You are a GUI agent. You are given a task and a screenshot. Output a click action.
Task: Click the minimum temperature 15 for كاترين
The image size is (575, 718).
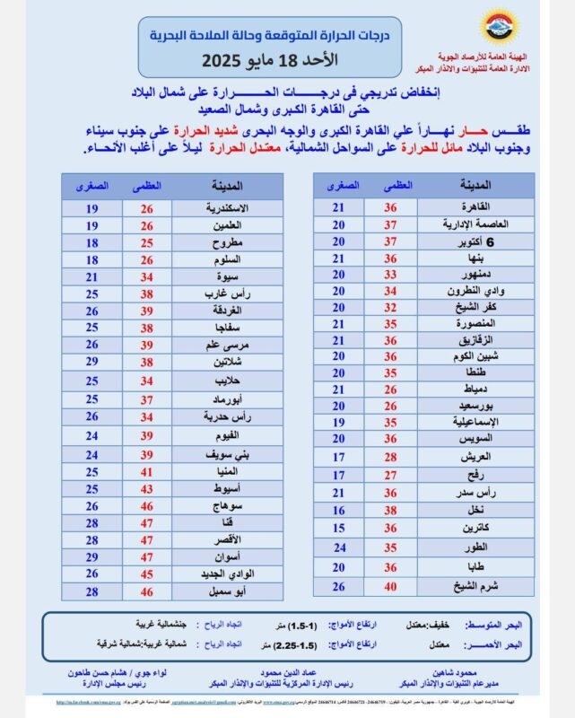point(339,528)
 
